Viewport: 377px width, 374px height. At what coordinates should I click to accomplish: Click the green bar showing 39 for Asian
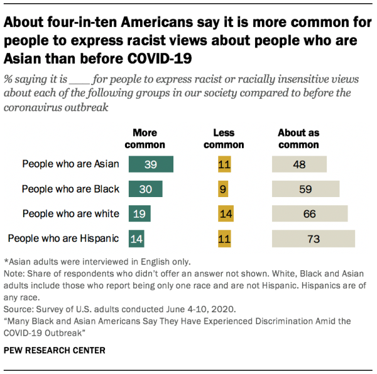point(151,164)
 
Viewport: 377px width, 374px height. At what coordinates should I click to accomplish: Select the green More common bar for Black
point(146,189)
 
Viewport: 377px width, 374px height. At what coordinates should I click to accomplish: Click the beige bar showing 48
point(299,164)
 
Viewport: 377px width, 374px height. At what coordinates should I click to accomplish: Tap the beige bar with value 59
point(305,189)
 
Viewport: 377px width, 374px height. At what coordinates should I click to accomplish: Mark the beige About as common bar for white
point(310,214)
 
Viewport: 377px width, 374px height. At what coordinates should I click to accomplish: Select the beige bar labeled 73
point(314,239)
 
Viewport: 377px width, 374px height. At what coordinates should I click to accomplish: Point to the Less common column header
point(224,139)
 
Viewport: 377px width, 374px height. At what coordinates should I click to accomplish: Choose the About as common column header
point(298,139)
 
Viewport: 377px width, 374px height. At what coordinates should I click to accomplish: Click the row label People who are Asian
point(70,164)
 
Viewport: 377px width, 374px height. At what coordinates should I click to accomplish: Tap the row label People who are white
point(70,214)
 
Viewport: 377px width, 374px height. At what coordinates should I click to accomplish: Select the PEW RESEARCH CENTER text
point(55,350)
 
